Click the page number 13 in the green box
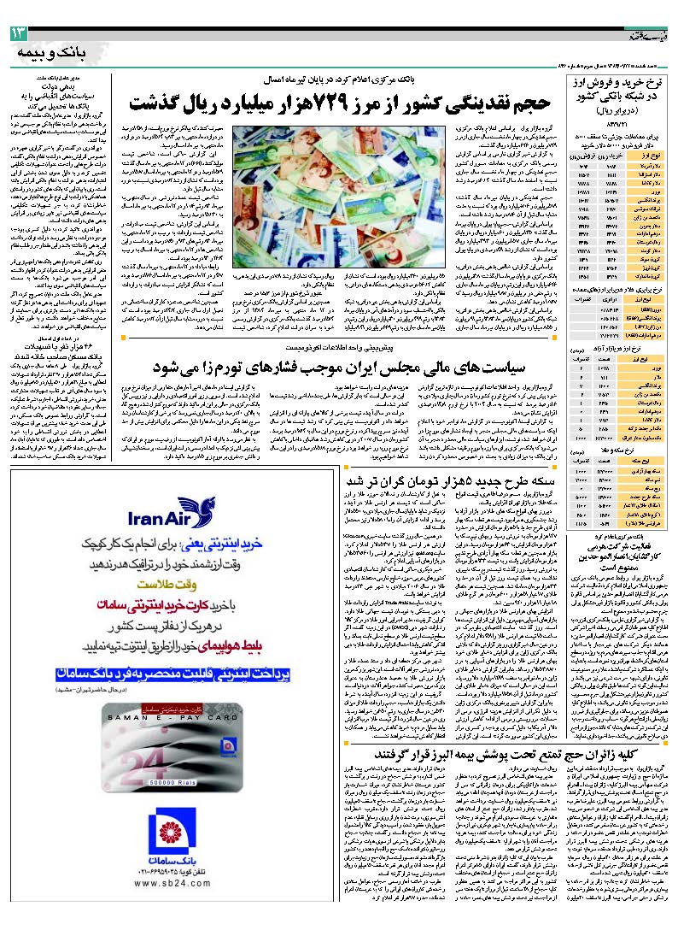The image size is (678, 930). tap(20, 33)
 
